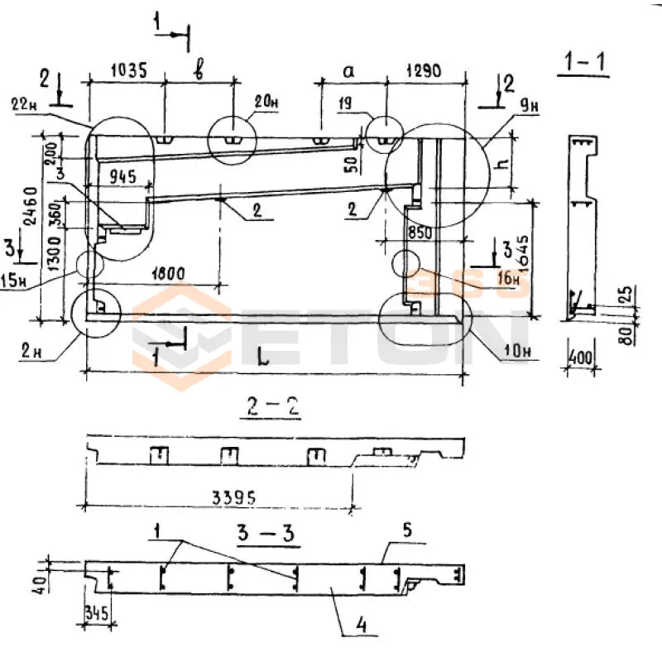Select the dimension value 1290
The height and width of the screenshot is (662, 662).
click(427, 72)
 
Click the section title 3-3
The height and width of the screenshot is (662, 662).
click(274, 530)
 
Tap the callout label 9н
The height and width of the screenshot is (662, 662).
click(530, 105)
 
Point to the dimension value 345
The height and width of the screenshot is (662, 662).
click(98, 614)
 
